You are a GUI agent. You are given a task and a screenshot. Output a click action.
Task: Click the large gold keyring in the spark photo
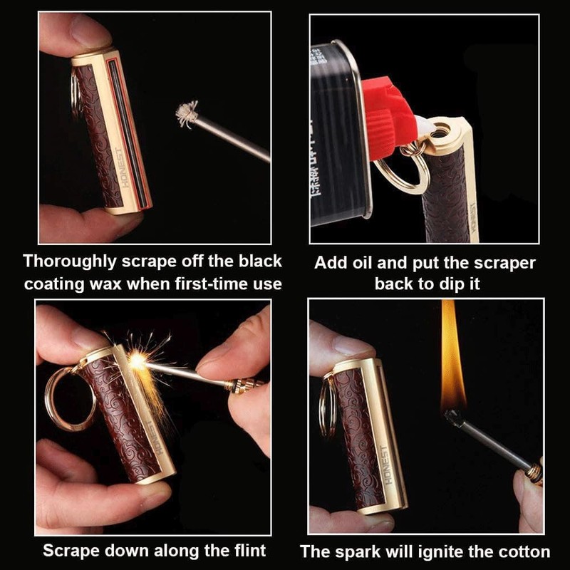click(x=70, y=397)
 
